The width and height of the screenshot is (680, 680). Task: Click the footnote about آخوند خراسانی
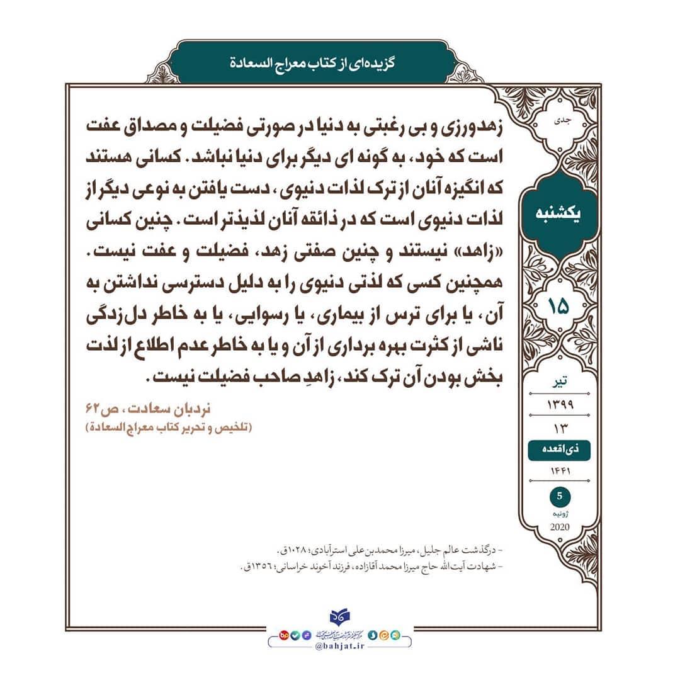(x=371, y=567)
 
